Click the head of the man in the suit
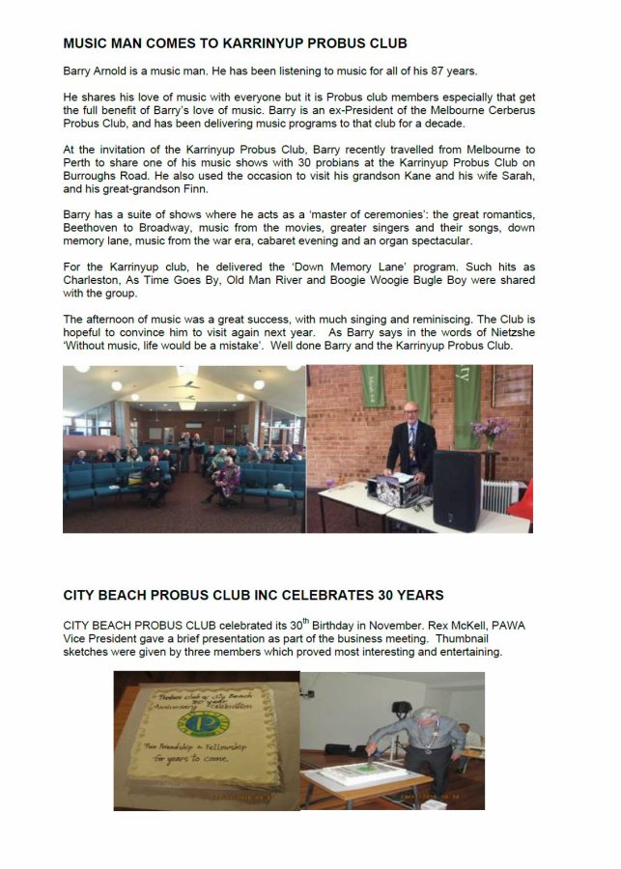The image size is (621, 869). (410, 411)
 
